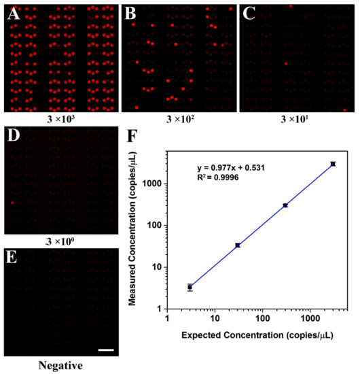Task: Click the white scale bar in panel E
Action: click(104, 350)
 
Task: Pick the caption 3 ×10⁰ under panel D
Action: click(58, 241)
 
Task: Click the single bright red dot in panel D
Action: click(12, 203)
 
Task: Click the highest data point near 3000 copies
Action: click(333, 164)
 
